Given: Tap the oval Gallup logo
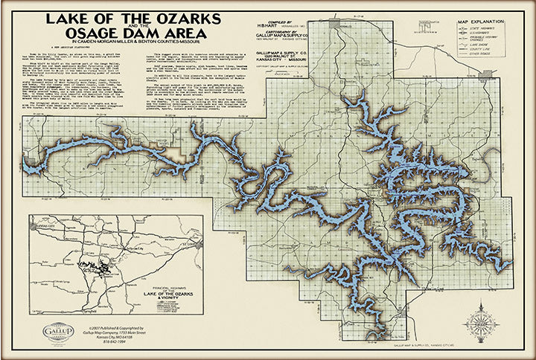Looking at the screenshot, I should pyautogui.click(x=58, y=332).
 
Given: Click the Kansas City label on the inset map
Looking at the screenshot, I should pyautogui.click(x=45, y=223).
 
